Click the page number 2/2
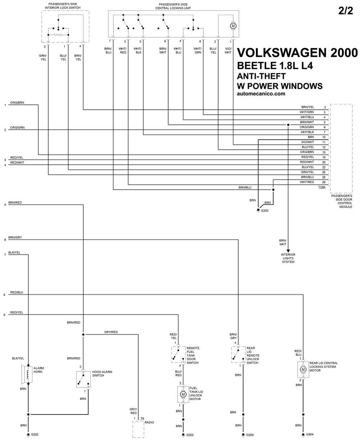coord(345,10)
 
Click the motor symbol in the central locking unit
coord(233,26)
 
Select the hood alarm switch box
coord(83,380)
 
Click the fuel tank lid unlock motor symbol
coord(183,394)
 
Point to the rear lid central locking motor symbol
coord(303,370)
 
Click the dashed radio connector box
coord(138,429)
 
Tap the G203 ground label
coord(265,210)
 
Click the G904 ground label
coord(310,434)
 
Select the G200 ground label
coord(250,435)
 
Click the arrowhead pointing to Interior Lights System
coord(288,251)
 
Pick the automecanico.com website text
coord(261,94)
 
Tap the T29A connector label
coord(321,187)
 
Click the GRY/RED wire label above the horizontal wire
coord(111,332)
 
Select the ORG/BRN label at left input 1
coord(17,103)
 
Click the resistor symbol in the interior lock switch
coord(58,35)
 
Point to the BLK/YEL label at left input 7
coord(14,253)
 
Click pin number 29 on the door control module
coord(324,182)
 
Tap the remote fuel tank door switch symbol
coord(178,354)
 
